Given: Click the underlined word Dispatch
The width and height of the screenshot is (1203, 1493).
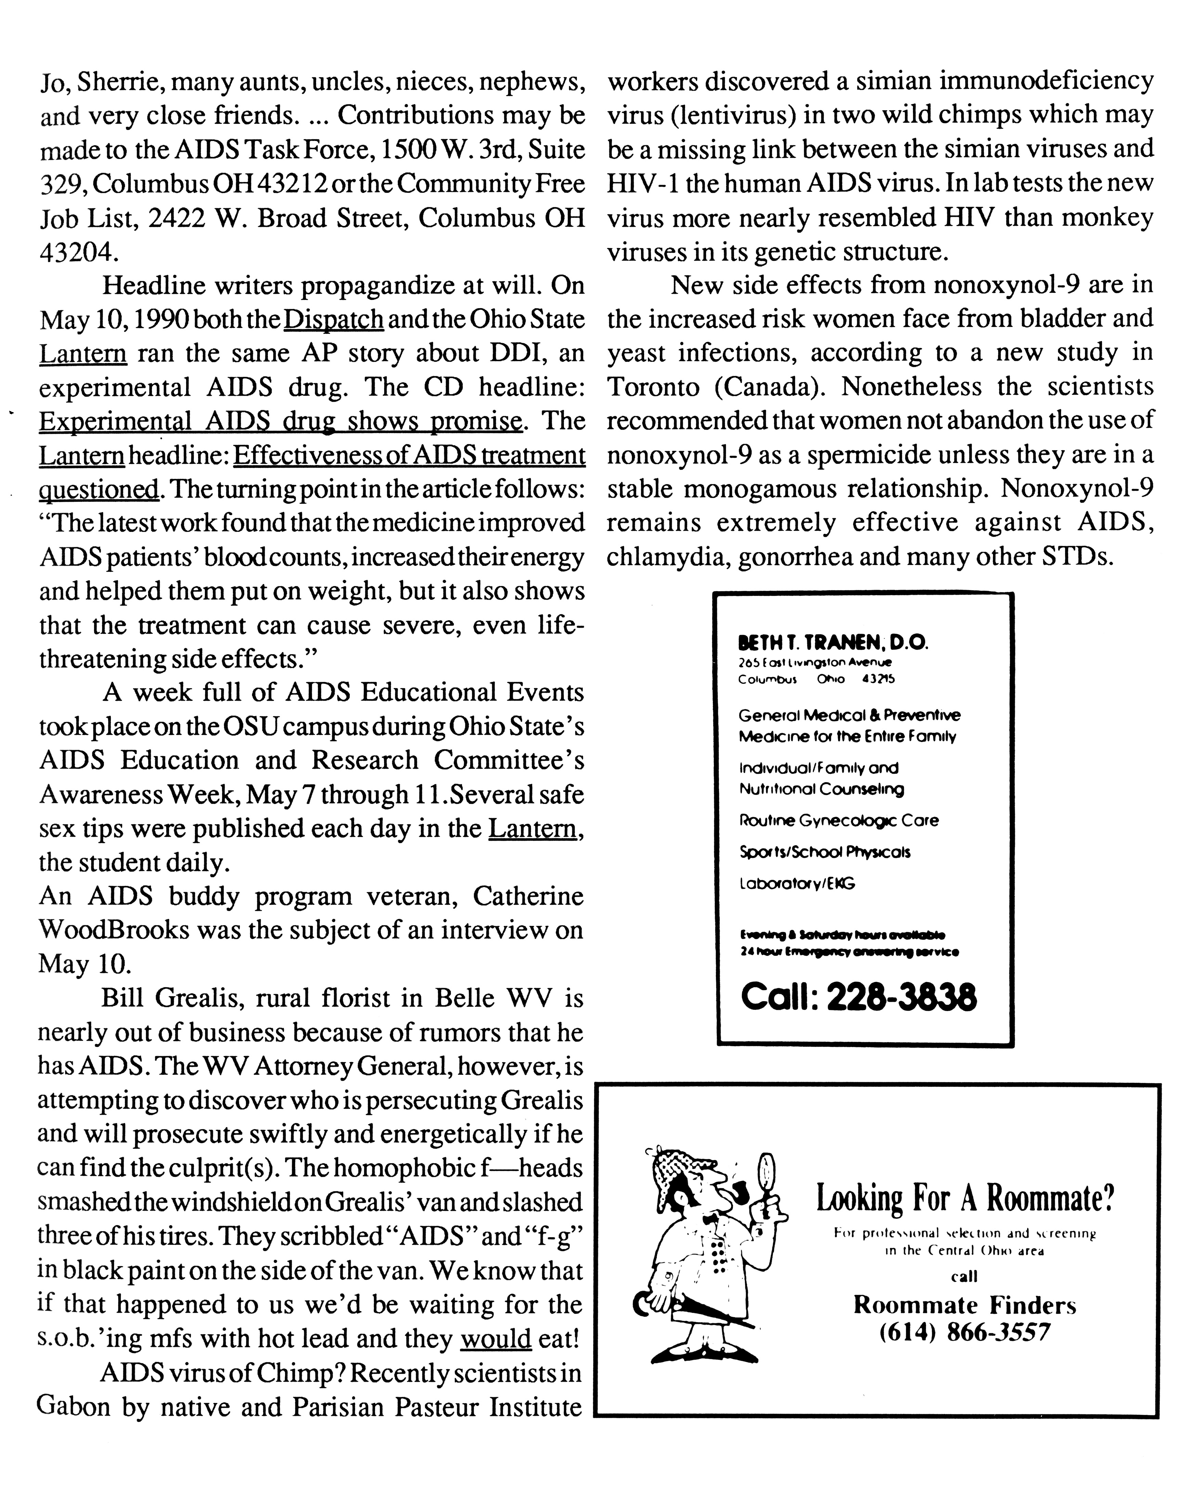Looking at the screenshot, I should click(x=334, y=319).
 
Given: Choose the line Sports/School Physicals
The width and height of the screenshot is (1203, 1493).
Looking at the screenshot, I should click(x=825, y=852).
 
